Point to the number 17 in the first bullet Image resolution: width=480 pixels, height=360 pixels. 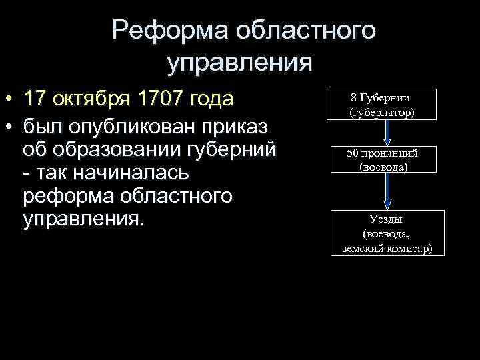35,100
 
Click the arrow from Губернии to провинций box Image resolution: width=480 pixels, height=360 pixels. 390,133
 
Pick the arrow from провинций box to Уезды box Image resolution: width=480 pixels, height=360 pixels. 390,192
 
